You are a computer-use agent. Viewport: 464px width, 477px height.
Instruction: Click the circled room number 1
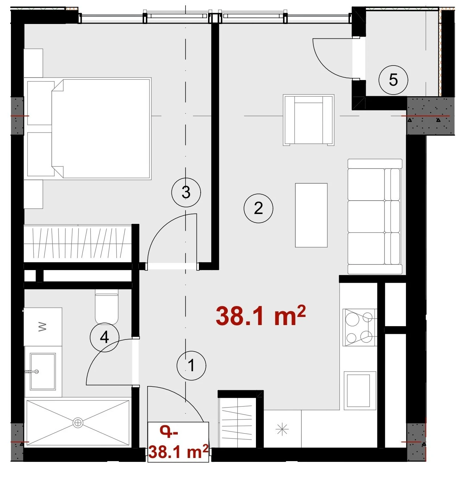[191, 366]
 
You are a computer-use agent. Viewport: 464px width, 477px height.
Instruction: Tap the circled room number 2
[258, 208]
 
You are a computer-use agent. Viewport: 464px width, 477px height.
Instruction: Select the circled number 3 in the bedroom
[186, 192]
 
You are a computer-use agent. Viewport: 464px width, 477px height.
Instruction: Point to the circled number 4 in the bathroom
[105, 337]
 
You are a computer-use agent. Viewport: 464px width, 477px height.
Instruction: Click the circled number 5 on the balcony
[393, 80]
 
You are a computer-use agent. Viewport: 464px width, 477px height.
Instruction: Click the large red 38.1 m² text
[261, 316]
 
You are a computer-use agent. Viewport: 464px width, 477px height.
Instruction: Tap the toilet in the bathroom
[106, 308]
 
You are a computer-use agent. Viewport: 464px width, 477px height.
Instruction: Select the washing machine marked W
[43, 327]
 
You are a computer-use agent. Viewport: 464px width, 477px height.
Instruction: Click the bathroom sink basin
[43, 371]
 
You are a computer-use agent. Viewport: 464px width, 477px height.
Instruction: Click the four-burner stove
[359, 327]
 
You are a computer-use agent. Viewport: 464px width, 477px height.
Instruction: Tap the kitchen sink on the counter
[360, 391]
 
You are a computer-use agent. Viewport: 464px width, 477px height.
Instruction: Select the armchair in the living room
[309, 120]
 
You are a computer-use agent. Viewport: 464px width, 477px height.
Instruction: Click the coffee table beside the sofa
[311, 215]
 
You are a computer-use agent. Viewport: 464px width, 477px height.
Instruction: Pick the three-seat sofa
[375, 216]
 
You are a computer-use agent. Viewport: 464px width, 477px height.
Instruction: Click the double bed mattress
[101, 128]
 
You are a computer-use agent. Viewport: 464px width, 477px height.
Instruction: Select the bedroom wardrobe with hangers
[78, 244]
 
